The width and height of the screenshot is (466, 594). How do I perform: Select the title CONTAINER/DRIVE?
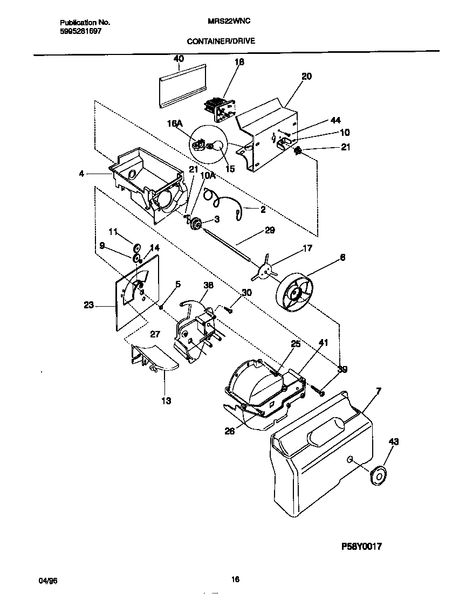click(x=221, y=40)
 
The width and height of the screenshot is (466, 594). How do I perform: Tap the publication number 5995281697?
click(x=80, y=31)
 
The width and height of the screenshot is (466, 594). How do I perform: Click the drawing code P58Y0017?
click(x=362, y=546)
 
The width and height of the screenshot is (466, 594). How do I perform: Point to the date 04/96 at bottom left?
click(x=47, y=580)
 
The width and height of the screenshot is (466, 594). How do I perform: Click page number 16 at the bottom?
click(x=235, y=580)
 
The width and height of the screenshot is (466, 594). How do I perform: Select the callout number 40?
click(x=179, y=59)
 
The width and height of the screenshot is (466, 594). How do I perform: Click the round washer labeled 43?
click(x=380, y=476)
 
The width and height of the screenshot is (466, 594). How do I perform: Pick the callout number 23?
click(x=89, y=305)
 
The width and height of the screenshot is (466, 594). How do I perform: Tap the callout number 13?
click(x=166, y=400)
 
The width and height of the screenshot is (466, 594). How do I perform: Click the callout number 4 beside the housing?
click(x=81, y=174)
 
